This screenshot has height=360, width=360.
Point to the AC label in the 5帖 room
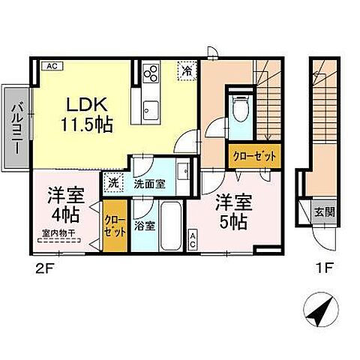coord(193,239)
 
